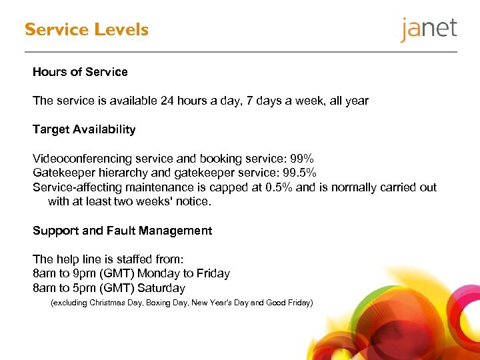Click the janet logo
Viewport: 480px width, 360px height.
[x=429, y=30]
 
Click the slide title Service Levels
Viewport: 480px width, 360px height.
[x=87, y=30]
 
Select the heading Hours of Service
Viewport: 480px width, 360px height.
[x=80, y=71]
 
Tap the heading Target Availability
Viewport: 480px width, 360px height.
[x=84, y=129]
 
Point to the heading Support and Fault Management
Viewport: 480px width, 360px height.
[x=122, y=231]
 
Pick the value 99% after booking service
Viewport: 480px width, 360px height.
[x=301, y=159]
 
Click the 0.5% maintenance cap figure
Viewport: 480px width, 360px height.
[x=279, y=187]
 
